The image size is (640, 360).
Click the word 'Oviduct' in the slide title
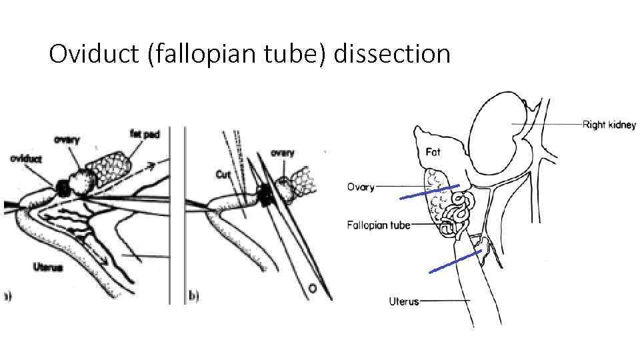93,53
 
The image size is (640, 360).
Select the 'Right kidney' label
609,125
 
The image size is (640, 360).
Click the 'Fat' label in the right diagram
433,152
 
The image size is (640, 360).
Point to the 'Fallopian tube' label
378,225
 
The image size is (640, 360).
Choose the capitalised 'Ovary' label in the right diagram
361,187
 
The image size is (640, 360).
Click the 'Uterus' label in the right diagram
404,301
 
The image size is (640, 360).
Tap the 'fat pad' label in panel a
144,134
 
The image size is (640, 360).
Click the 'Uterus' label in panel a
47,267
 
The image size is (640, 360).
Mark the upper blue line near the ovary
429,192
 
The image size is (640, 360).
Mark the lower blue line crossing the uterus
455,261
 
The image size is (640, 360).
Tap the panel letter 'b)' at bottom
194,295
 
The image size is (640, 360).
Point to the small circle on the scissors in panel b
312,289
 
